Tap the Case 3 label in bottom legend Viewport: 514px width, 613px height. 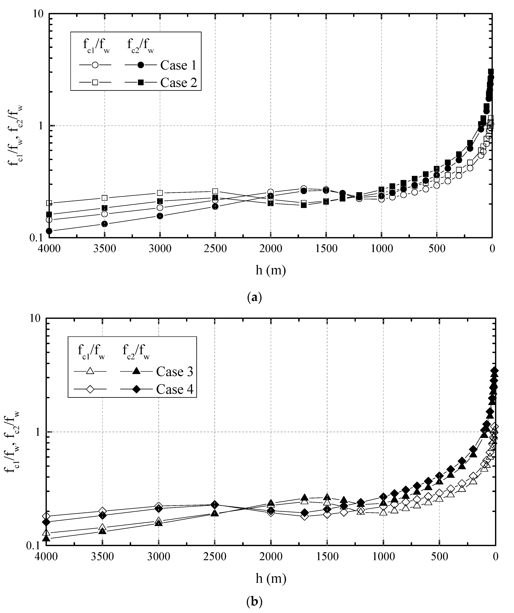[x=175, y=372]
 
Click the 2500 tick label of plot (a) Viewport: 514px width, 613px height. [x=215, y=248]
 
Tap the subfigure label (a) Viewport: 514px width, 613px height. [x=254, y=297]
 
